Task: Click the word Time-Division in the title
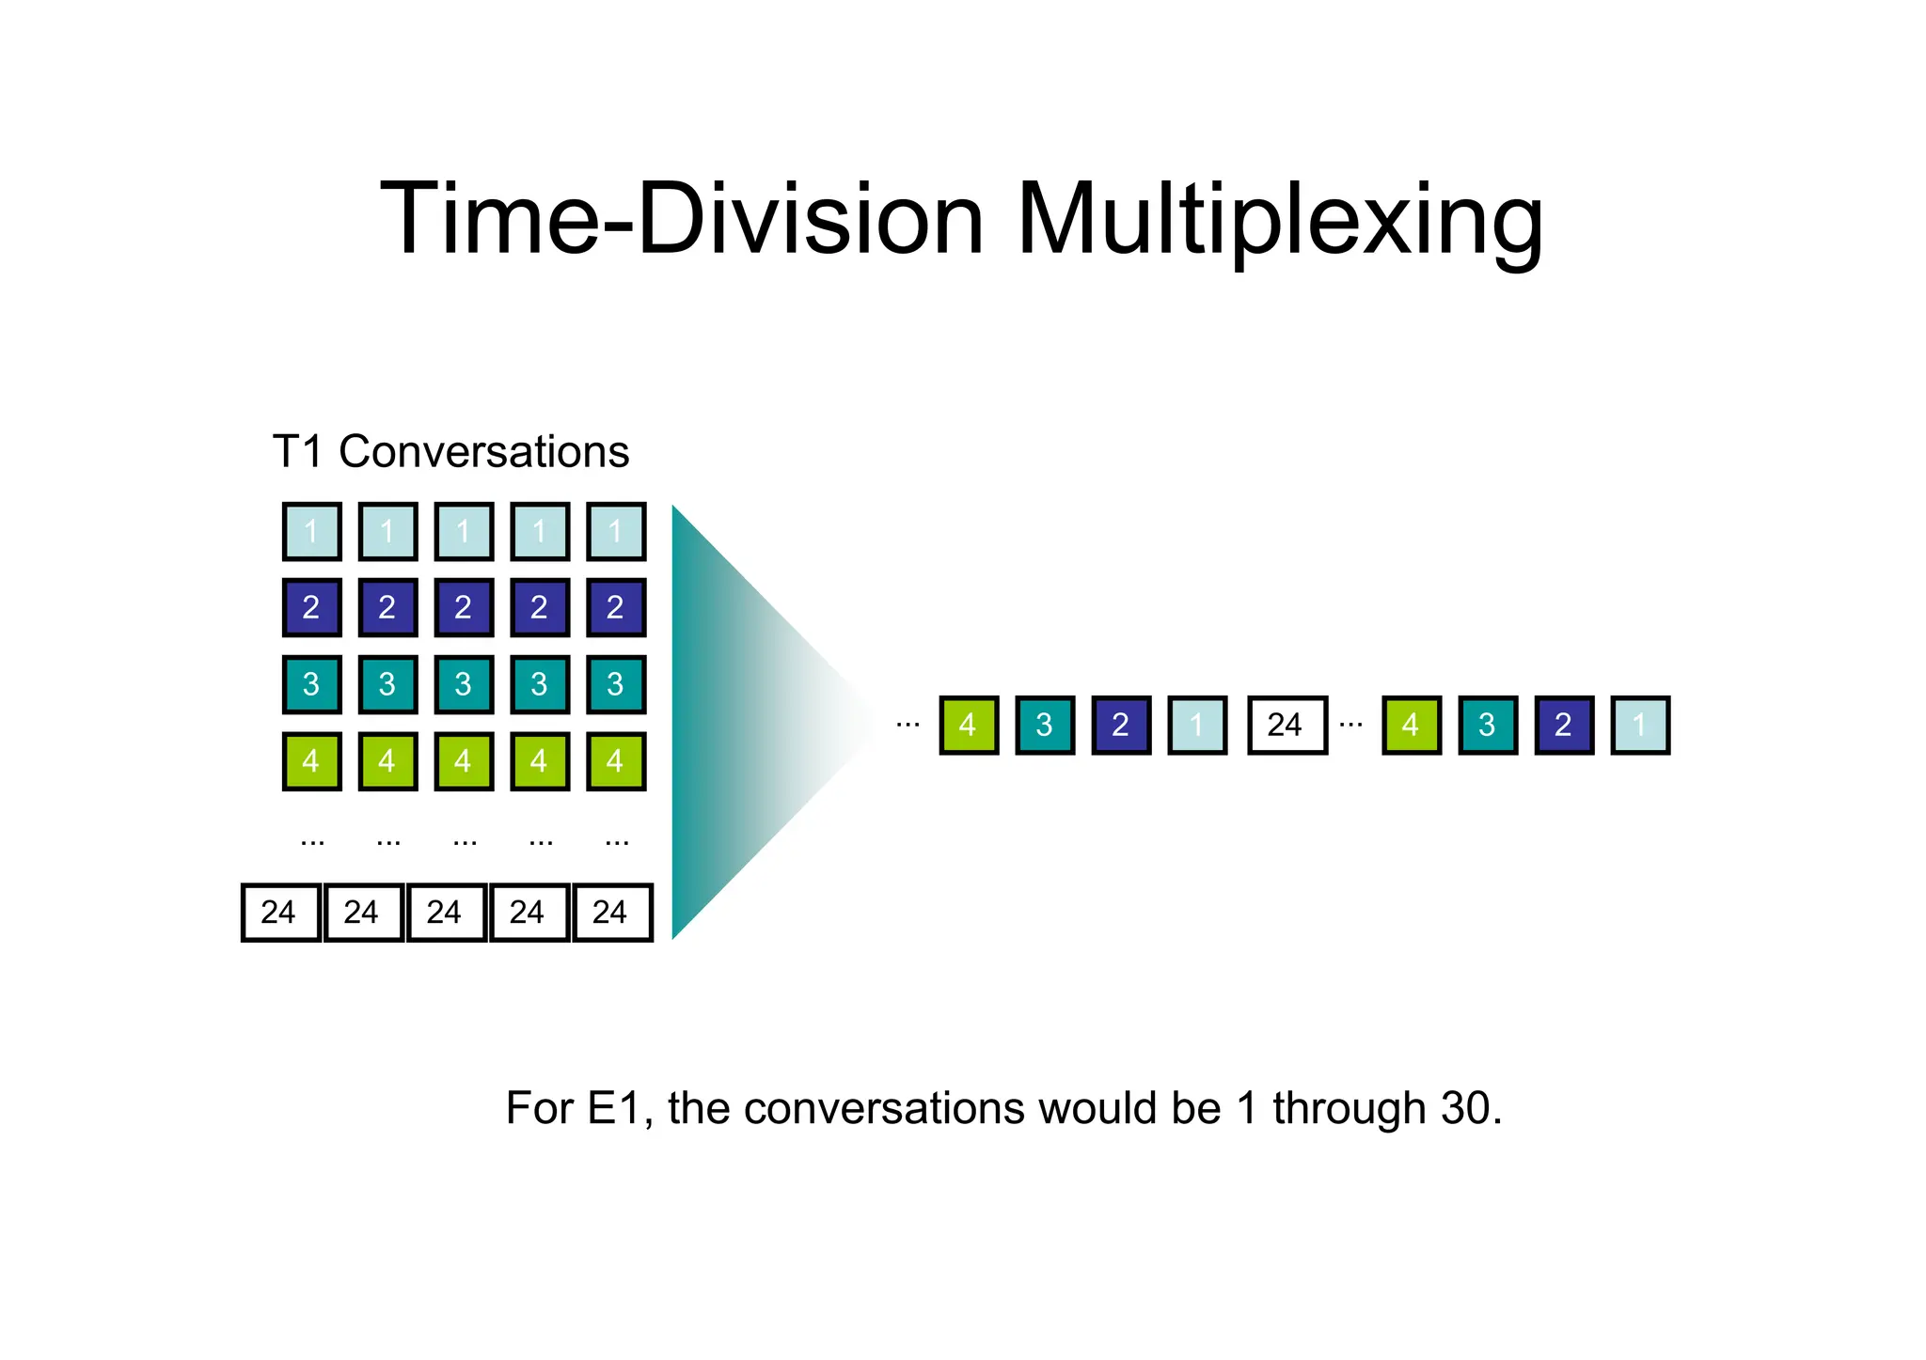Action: click(682, 221)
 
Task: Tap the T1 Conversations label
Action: click(450, 452)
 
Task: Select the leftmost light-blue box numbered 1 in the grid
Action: click(311, 532)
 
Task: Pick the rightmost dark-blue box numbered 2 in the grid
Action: click(616, 608)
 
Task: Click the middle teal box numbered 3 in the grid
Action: click(464, 684)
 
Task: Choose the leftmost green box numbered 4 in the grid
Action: click(311, 761)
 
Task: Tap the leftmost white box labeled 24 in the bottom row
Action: click(280, 912)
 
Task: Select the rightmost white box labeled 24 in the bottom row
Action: click(612, 912)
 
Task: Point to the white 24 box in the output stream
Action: click(1287, 725)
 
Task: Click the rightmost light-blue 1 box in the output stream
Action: click(1640, 725)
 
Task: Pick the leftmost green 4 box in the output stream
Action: click(969, 725)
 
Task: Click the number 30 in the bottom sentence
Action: click(1469, 1108)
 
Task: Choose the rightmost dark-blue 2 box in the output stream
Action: click(1564, 725)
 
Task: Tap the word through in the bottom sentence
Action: click(1349, 1108)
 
